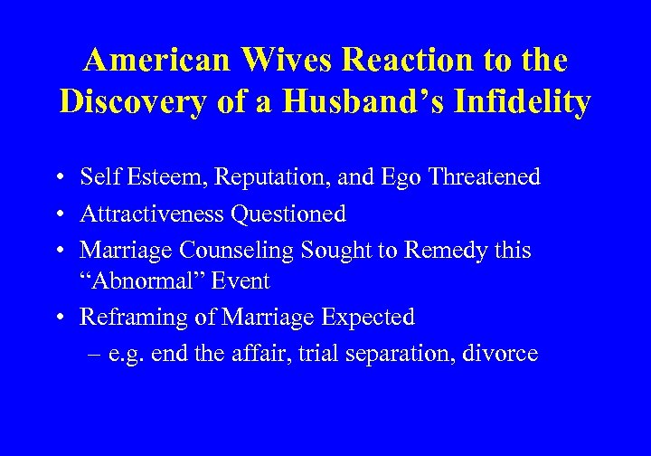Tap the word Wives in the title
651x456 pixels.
click(x=283, y=60)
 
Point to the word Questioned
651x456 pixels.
click(x=288, y=214)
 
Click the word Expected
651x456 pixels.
click(x=372, y=318)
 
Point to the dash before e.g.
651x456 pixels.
click(x=96, y=354)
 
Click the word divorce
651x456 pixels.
click(x=501, y=354)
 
